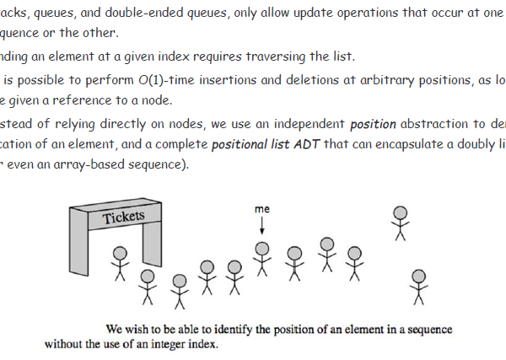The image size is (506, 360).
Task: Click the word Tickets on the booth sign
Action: [x=123, y=218]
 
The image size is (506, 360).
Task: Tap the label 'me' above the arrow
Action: [x=261, y=207]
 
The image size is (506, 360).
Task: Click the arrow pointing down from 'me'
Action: [x=261, y=225]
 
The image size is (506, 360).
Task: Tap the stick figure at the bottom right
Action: [x=418, y=287]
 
